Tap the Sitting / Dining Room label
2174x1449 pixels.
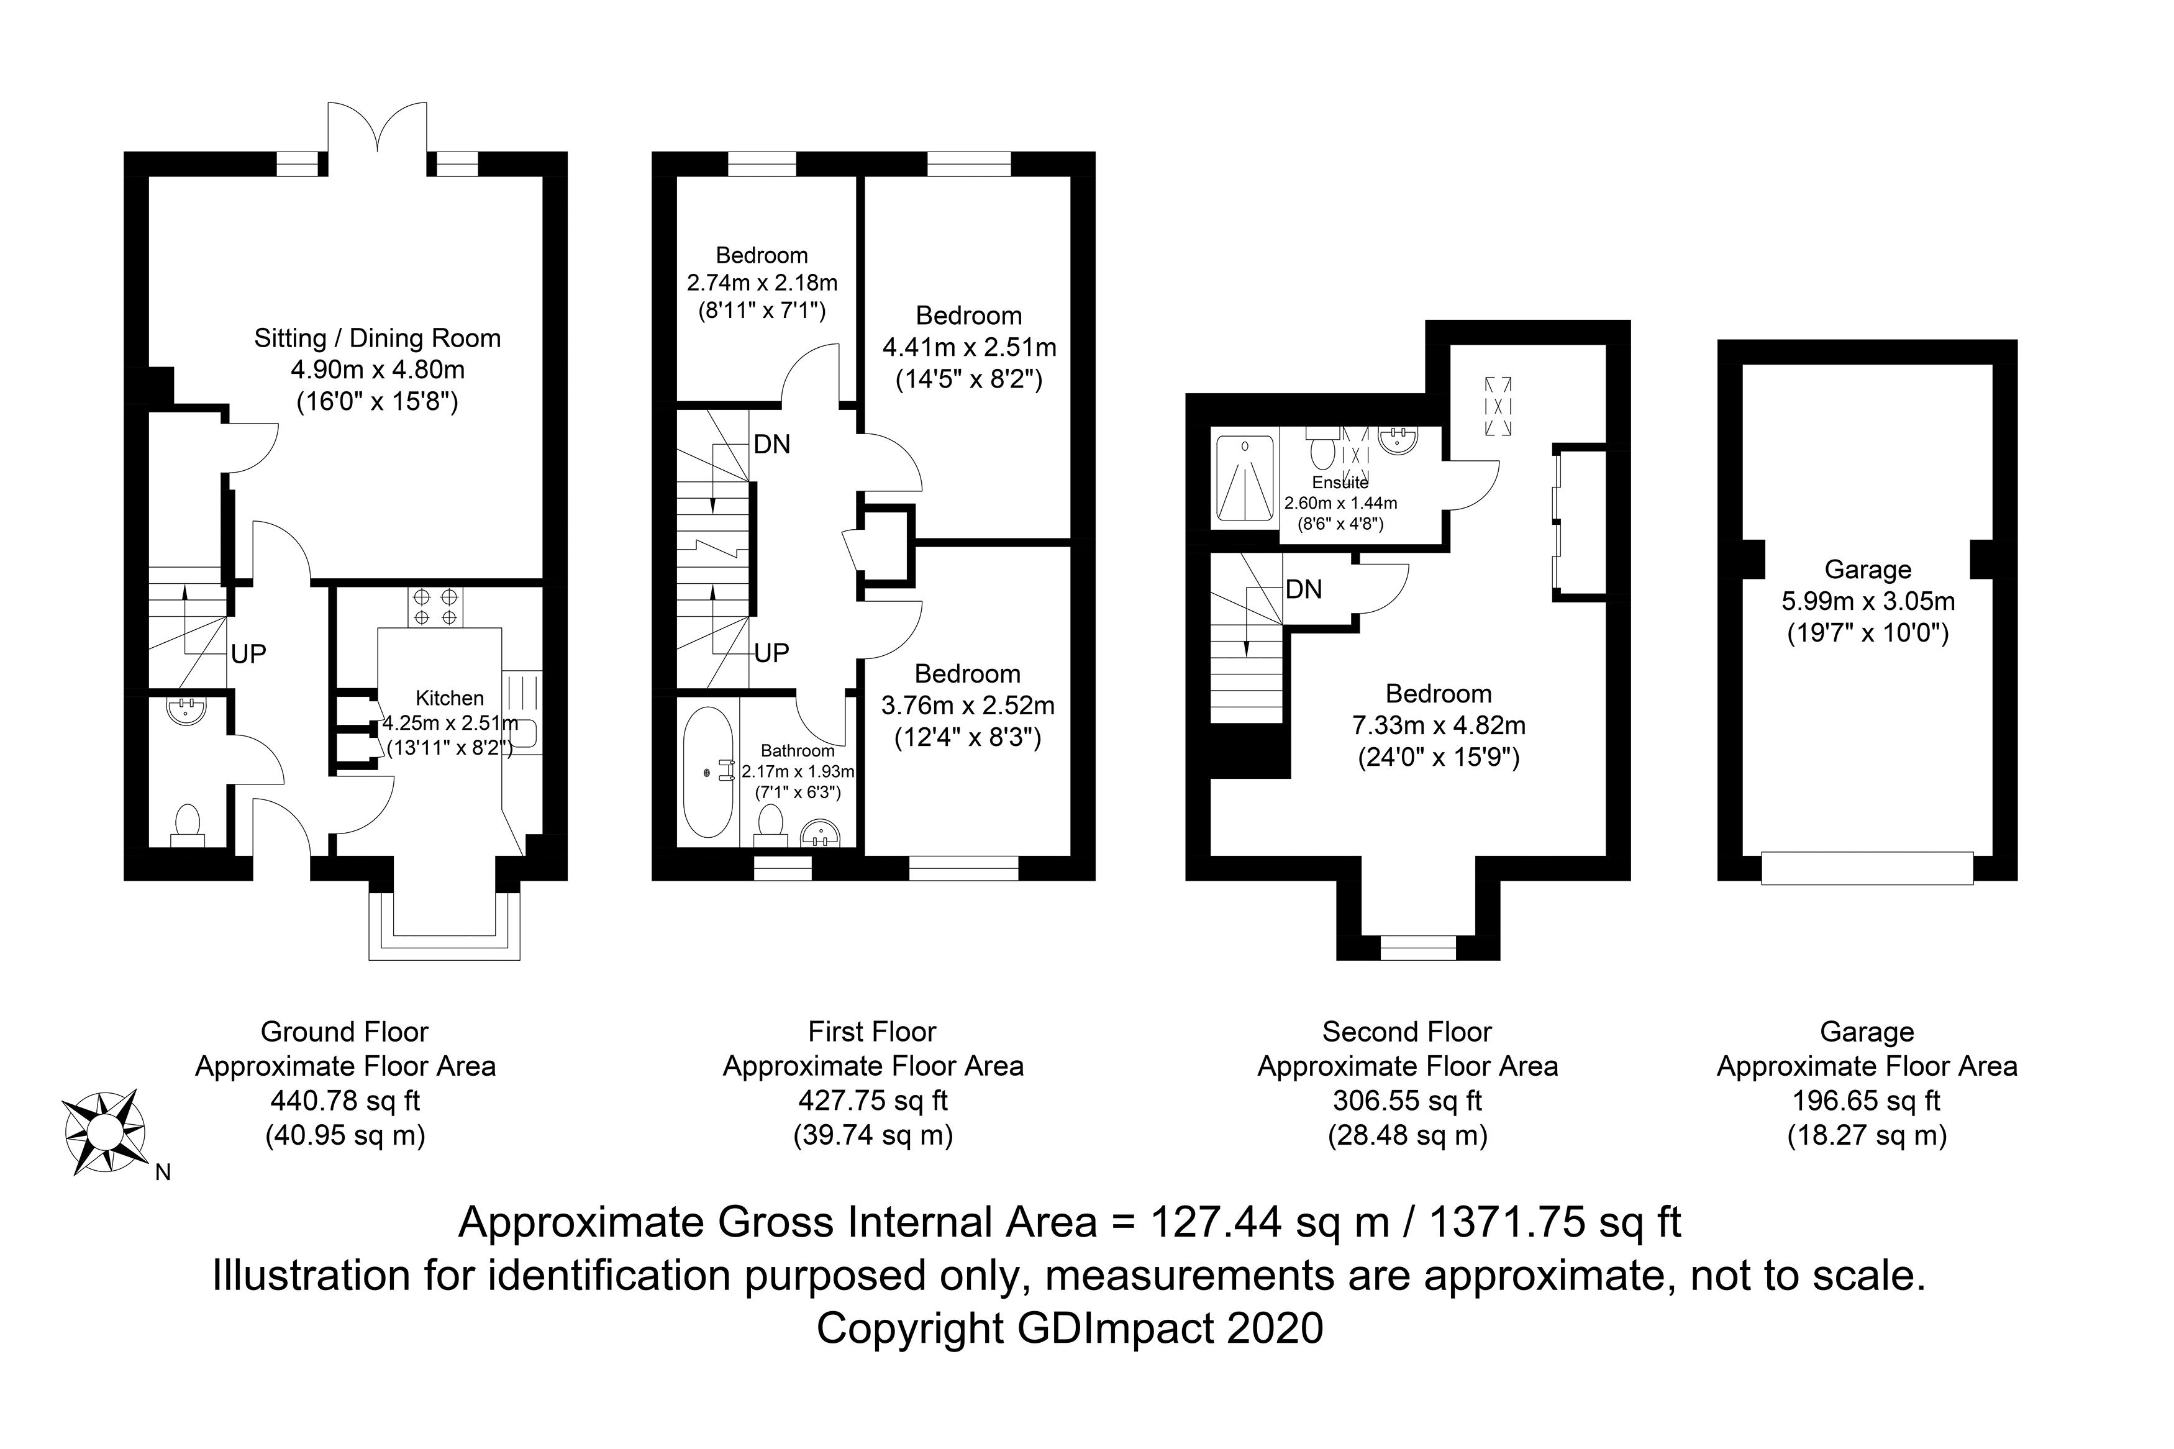[377, 338]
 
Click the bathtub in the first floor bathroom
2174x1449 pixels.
[709, 773]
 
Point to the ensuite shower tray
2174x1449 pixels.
[1245, 479]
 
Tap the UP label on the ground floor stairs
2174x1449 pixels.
[248, 654]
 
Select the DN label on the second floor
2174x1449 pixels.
[1304, 589]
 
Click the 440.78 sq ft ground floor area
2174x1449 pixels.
[345, 1101]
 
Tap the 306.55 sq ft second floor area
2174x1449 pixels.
[1407, 1101]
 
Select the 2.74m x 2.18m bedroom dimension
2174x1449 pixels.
[762, 283]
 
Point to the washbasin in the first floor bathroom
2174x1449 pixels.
[821, 834]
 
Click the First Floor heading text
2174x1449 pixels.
[872, 1031]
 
